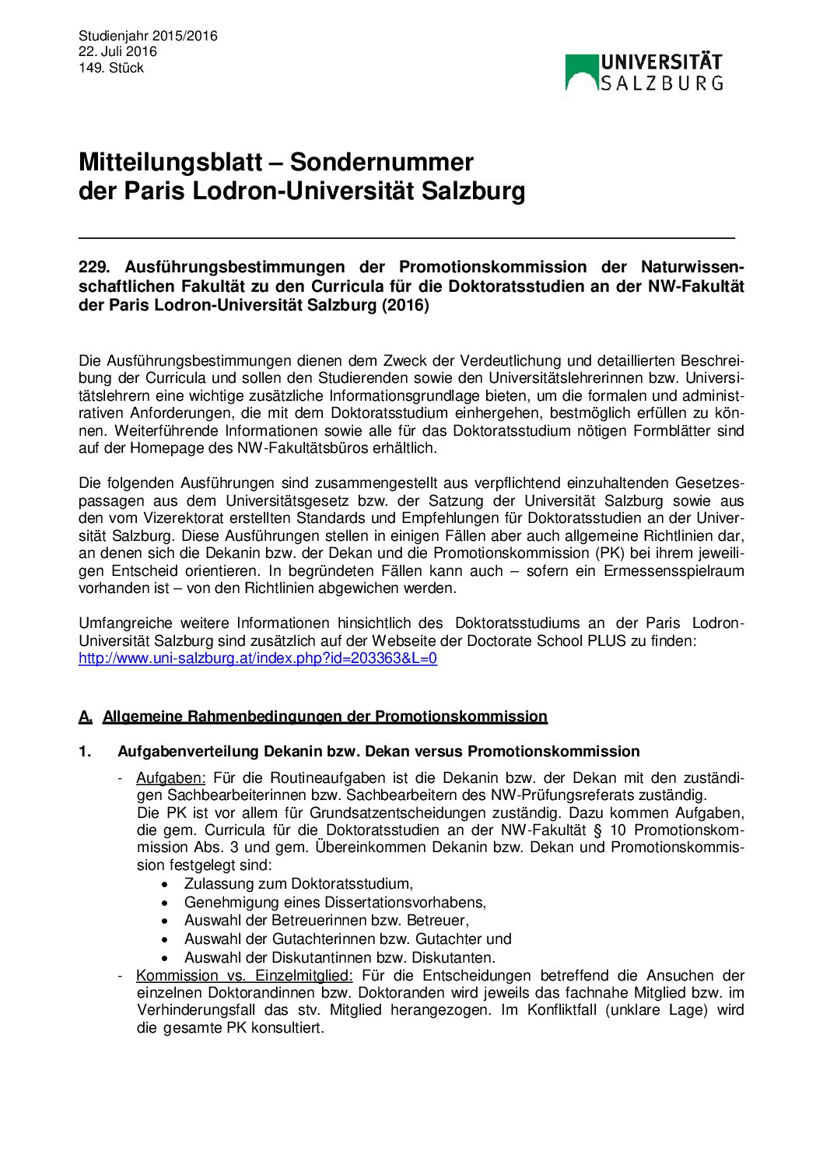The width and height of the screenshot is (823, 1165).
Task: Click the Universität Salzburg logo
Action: click(644, 72)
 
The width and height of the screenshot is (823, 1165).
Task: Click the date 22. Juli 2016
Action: click(117, 52)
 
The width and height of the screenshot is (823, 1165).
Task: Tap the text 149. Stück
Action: click(111, 68)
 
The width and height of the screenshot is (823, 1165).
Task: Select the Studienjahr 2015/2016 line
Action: click(148, 36)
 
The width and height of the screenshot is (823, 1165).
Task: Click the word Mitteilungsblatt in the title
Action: click(170, 162)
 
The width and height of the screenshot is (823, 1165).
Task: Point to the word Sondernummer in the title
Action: click(381, 162)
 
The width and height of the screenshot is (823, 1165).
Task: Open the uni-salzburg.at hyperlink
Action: click(257, 658)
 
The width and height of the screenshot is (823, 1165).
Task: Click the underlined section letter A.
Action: click(85, 717)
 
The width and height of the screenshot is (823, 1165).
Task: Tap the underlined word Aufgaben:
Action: click(170, 778)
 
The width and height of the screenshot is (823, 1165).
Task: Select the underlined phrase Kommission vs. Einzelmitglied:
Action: click(244, 976)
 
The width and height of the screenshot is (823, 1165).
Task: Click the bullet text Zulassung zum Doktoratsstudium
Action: click(298, 884)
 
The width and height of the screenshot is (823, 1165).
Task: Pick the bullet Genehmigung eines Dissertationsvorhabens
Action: click(334, 903)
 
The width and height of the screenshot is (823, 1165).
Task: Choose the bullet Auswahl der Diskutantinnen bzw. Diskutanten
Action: click(339, 958)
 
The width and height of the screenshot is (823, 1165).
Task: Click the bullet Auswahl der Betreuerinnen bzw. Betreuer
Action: click(326, 921)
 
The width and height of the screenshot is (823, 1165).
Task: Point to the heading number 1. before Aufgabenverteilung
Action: click(85, 752)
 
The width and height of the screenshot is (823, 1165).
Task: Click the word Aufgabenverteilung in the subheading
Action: click(188, 752)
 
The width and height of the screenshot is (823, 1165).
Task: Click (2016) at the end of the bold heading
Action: click(404, 305)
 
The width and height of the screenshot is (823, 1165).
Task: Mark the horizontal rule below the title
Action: click(406, 237)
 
